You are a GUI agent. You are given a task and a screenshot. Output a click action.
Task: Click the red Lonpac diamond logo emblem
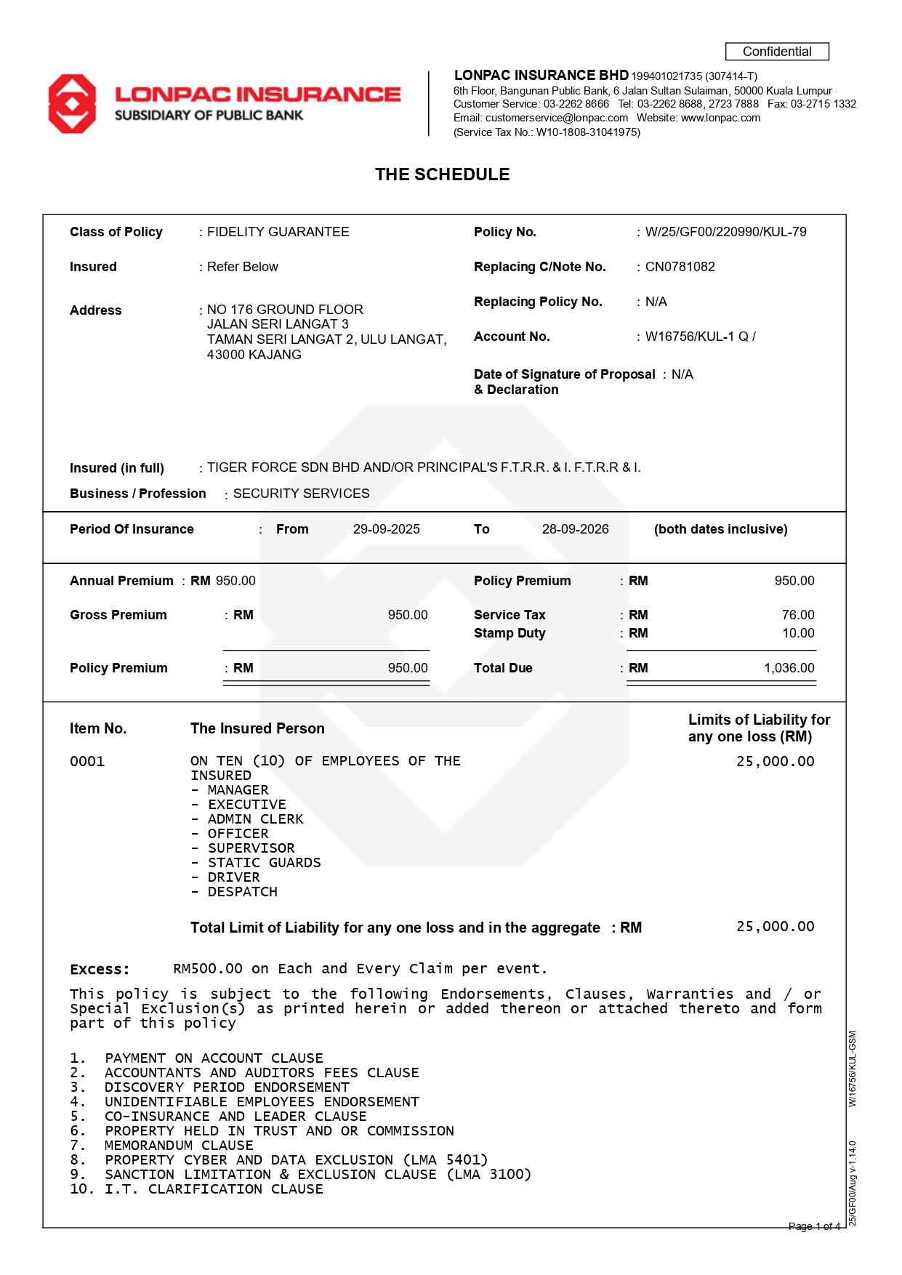pyautogui.click(x=72, y=103)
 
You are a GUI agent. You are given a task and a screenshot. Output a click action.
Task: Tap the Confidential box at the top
pyautogui.click(x=776, y=52)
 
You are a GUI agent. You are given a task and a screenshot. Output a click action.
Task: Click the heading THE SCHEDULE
pyautogui.click(x=442, y=174)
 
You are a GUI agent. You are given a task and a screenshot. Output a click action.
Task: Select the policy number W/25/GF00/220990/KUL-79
pyautogui.click(x=725, y=232)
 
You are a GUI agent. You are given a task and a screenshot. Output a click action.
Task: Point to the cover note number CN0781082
pyautogui.click(x=680, y=267)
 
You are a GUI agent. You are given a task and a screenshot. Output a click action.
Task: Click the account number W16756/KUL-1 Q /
pyautogui.click(x=700, y=337)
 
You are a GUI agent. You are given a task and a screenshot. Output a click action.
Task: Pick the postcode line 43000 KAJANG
pyautogui.click(x=254, y=355)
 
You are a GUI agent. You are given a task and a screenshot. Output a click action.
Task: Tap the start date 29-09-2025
pyautogui.click(x=386, y=529)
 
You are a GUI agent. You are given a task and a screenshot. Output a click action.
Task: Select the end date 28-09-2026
pyautogui.click(x=575, y=529)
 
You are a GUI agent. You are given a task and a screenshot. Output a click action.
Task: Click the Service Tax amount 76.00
pyautogui.click(x=797, y=615)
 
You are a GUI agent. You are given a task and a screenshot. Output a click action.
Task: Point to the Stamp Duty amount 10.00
pyautogui.click(x=797, y=633)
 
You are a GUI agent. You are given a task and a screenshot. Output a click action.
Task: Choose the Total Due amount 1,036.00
pyautogui.click(x=789, y=668)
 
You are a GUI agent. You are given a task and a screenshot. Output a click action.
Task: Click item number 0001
pyautogui.click(x=87, y=761)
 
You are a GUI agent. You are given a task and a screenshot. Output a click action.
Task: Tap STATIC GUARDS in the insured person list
pyautogui.click(x=264, y=863)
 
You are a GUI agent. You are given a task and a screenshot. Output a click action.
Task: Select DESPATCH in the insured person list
pyautogui.click(x=242, y=892)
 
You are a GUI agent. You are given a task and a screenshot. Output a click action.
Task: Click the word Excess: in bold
pyautogui.click(x=100, y=969)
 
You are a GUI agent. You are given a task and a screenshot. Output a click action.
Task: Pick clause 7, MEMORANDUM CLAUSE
pyautogui.click(x=179, y=1146)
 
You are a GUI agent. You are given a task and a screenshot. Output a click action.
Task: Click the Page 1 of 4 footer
pyautogui.click(x=814, y=1226)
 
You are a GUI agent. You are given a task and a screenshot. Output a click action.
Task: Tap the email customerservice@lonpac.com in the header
pyautogui.click(x=556, y=118)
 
